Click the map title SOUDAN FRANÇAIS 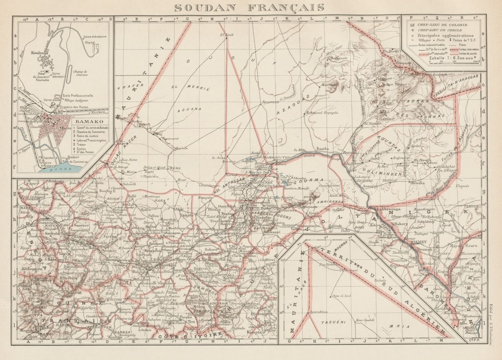point(249,8)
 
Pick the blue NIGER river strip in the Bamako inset point(59,169)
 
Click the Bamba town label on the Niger point(322,149)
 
